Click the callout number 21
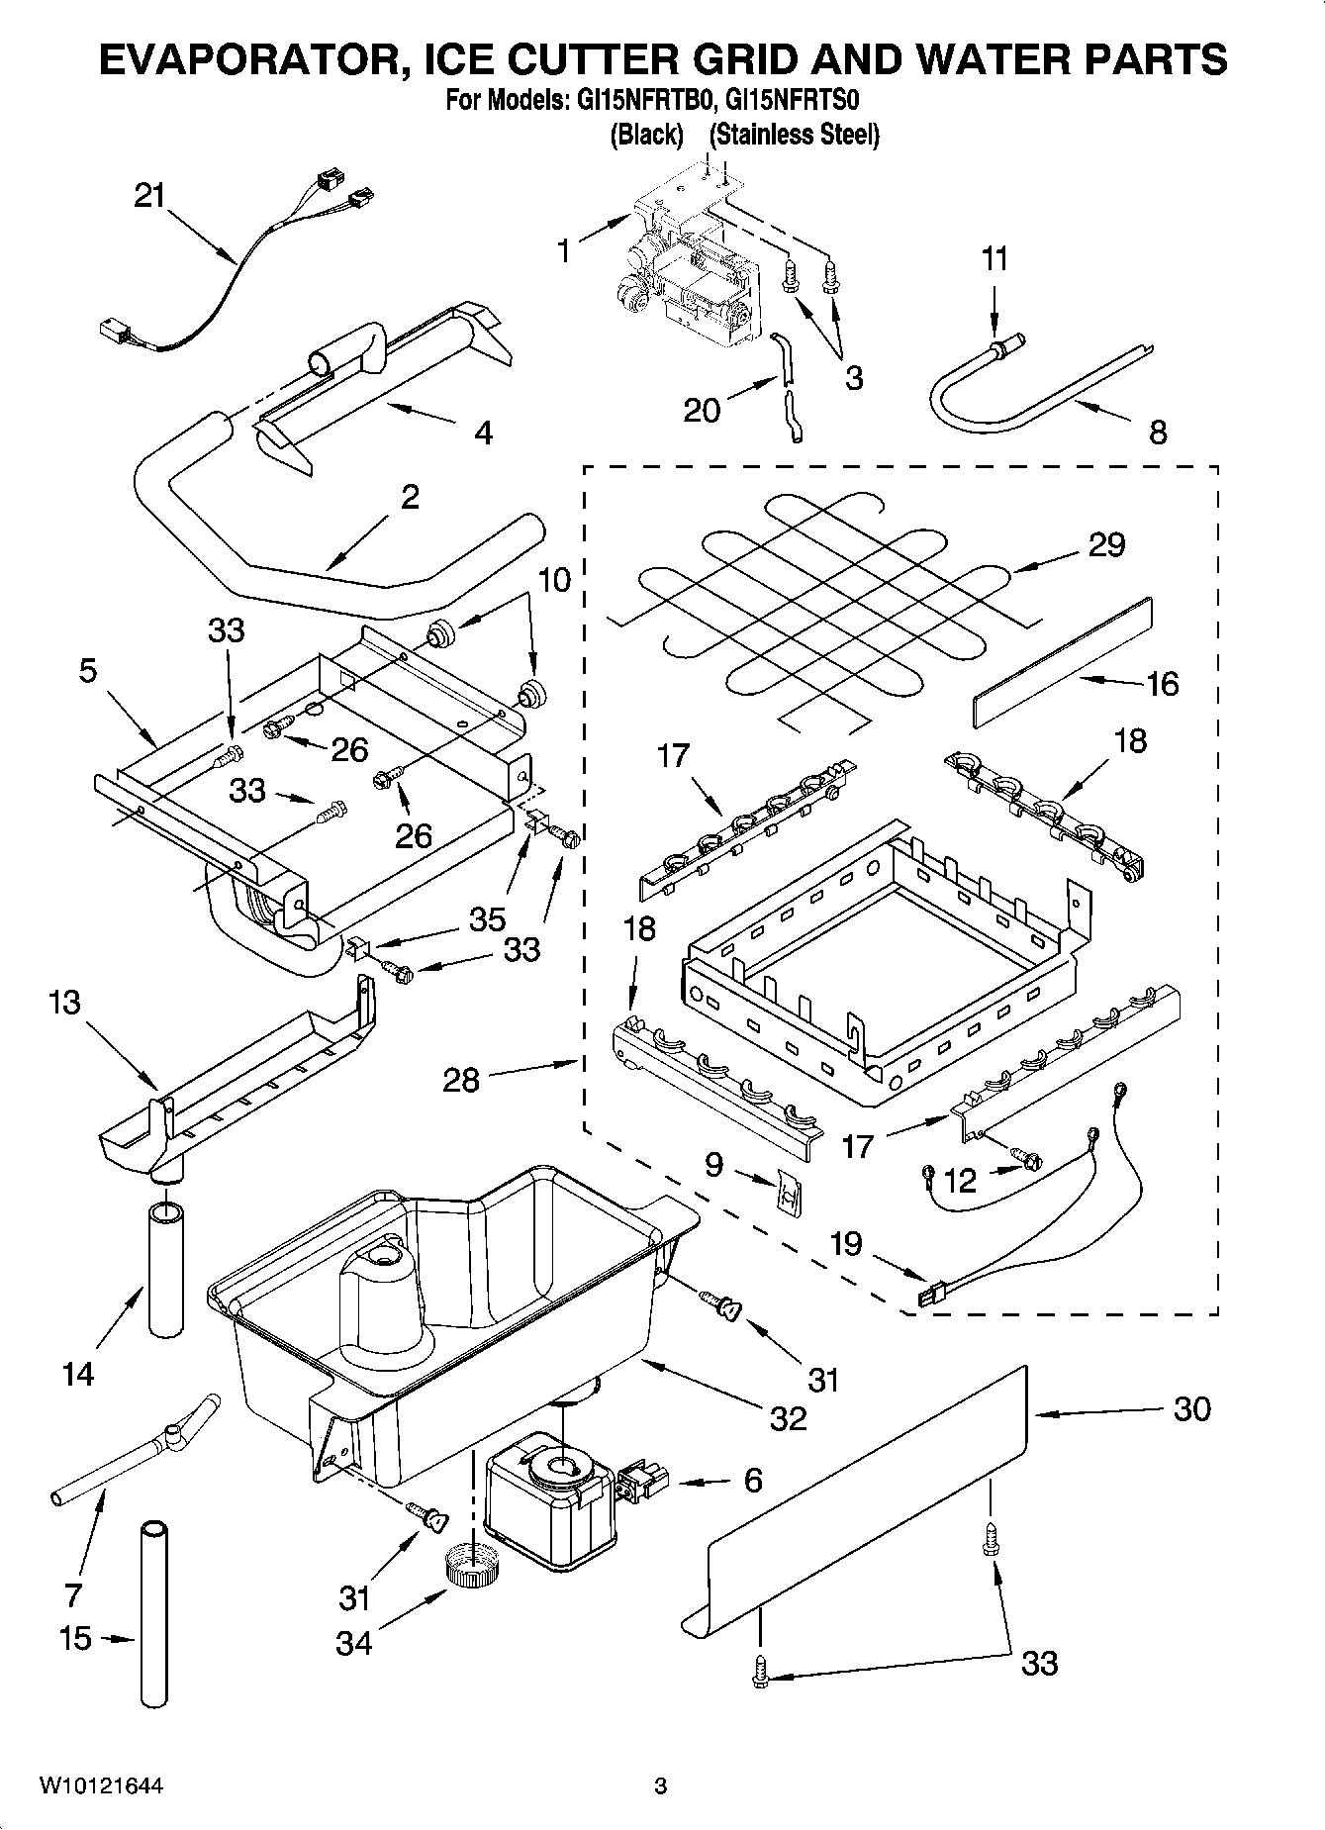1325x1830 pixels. pos(149,196)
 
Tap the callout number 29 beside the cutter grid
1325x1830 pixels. pos(1106,544)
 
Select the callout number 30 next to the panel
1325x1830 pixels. pos(1191,1408)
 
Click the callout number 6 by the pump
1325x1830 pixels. pos(753,1481)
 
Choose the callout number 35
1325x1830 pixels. pos(487,918)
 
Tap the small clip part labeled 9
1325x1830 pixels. pos(789,1195)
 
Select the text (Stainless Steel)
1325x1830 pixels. pos(794,135)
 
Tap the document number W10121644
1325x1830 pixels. pos(101,1786)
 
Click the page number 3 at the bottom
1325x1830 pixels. pos(660,1786)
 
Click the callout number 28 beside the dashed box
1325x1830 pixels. pos(461,1079)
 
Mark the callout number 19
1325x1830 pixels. pos(845,1243)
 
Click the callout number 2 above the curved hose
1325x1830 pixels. pos(410,497)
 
